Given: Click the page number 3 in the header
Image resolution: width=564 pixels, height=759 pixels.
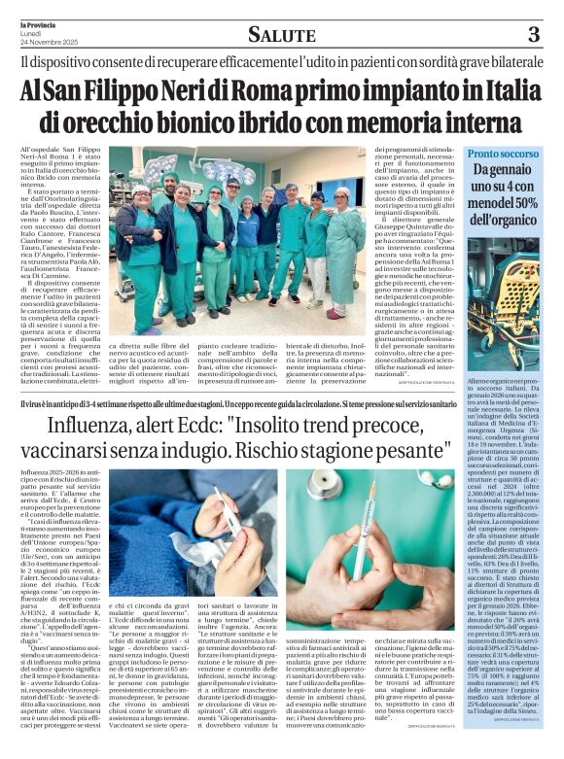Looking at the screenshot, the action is pos(533,36).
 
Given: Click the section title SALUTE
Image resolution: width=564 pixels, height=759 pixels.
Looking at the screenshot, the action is pos(282,36).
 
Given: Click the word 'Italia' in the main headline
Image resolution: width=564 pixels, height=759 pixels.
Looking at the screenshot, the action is pos(496,94).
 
